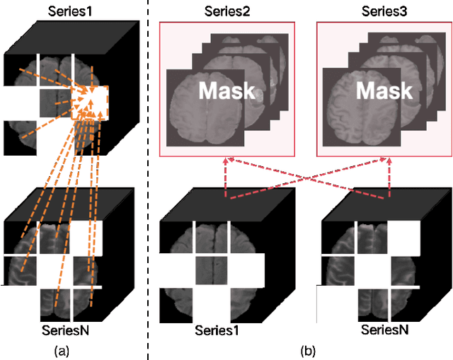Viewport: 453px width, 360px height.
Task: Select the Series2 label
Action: click(x=224, y=11)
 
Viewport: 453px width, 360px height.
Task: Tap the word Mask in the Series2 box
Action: click(x=226, y=91)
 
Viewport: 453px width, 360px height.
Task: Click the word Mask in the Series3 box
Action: click(x=384, y=91)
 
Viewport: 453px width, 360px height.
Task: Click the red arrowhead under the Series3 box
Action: click(x=390, y=161)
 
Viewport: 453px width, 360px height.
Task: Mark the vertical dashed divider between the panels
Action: click(x=149, y=177)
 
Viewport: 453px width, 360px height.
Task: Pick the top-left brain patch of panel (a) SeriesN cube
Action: click(x=21, y=237)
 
